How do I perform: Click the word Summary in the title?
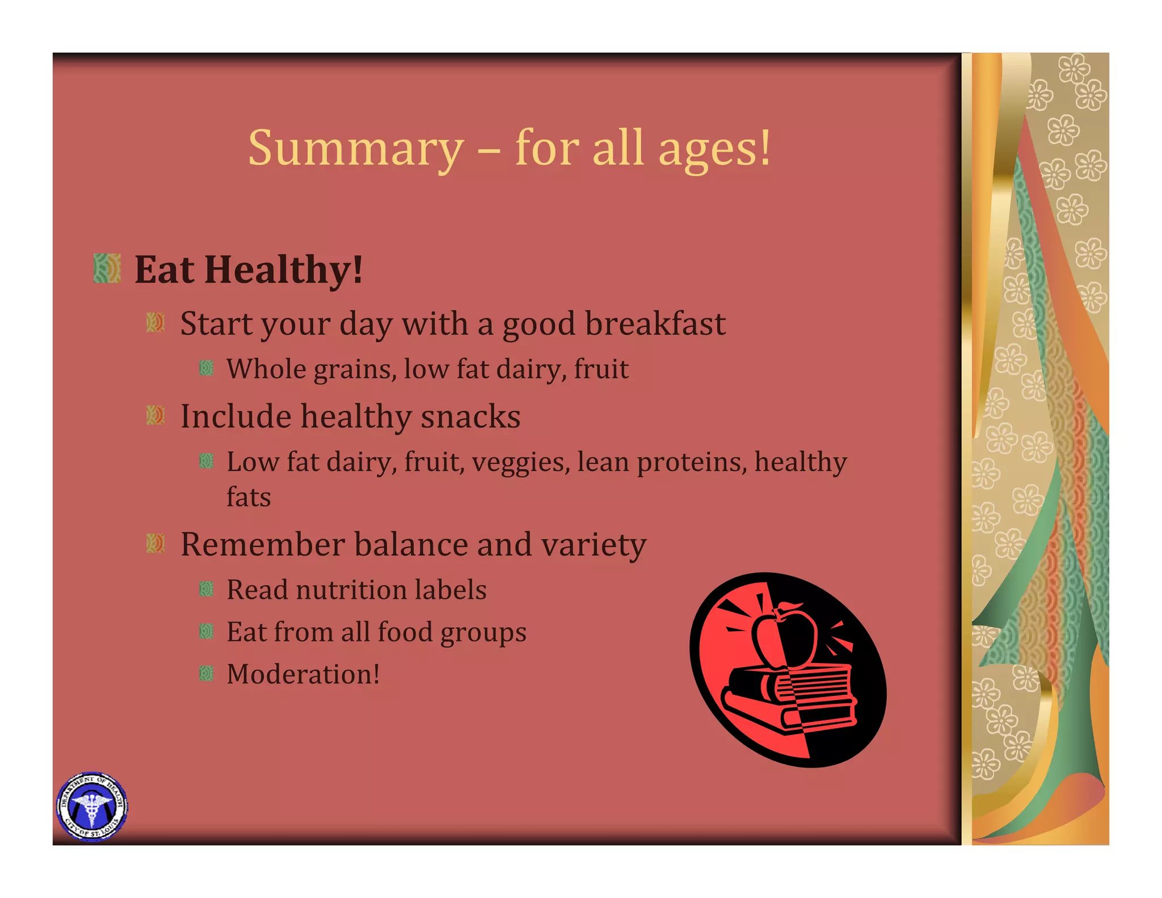(x=356, y=149)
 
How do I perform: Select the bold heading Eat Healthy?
(x=249, y=270)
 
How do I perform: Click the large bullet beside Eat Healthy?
(x=107, y=268)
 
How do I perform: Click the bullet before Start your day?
(x=155, y=323)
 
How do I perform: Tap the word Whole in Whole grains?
(x=267, y=370)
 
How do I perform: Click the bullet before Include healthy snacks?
(x=155, y=416)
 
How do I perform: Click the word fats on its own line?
(x=249, y=497)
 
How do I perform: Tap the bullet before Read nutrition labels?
(x=207, y=589)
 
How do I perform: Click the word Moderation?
(x=303, y=674)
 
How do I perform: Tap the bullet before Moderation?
(x=207, y=674)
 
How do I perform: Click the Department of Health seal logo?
(x=92, y=807)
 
